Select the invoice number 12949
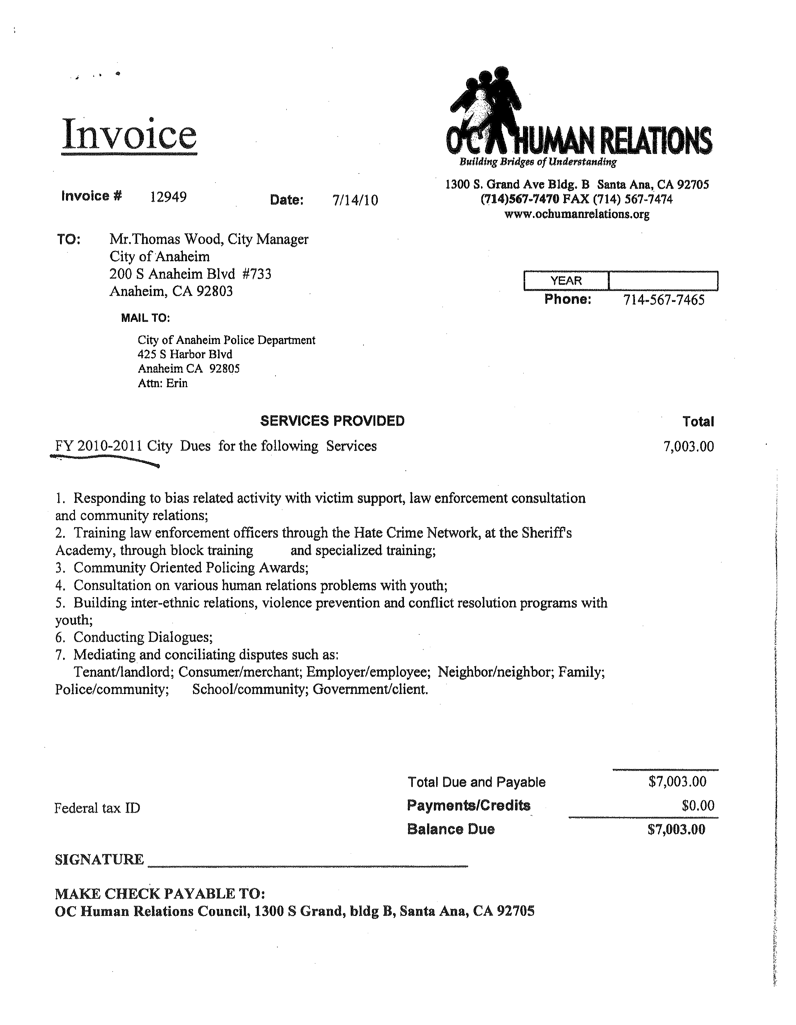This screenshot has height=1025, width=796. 168,197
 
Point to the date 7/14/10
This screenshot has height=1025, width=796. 355,200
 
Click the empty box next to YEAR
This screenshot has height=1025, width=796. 663,281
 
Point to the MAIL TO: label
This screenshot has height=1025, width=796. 146,318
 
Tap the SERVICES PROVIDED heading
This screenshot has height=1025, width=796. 332,421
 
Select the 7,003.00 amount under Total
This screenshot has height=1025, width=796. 688,446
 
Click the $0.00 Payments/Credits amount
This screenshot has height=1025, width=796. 698,806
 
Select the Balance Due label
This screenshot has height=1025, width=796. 451,829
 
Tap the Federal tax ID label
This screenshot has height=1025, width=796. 97,808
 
